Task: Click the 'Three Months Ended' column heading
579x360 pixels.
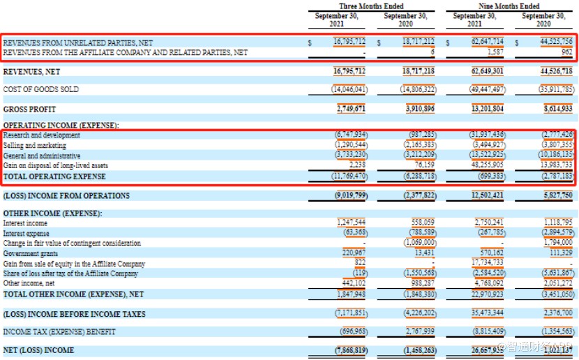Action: [x=371, y=6]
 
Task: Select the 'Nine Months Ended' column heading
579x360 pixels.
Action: [x=510, y=6]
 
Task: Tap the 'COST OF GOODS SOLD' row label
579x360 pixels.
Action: [x=41, y=89]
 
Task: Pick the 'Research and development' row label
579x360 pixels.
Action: [x=41, y=135]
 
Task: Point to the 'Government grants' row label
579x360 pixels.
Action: [x=31, y=253]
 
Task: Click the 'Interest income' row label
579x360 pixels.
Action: [x=26, y=223]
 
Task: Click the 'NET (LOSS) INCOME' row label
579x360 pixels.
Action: [x=38, y=350]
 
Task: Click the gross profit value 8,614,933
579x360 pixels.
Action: [x=555, y=110]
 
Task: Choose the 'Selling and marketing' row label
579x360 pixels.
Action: [x=34, y=146]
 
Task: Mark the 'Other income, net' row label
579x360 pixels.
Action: [x=29, y=283]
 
